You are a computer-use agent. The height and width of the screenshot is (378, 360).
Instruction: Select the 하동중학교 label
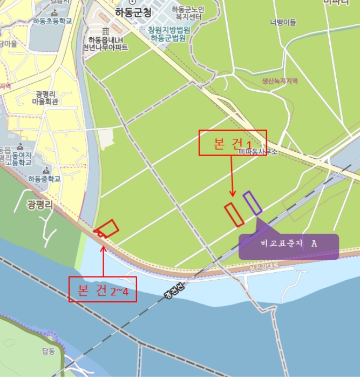[x=44, y=179]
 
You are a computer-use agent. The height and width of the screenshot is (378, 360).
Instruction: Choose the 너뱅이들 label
[x=283, y=23]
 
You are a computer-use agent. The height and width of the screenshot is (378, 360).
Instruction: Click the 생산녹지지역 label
[x=280, y=80]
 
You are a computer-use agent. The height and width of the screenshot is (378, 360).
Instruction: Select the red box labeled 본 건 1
[x=233, y=143]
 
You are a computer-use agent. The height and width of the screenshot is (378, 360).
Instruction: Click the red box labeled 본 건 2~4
[x=103, y=292]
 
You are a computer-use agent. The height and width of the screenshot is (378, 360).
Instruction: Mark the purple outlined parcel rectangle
[x=252, y=203]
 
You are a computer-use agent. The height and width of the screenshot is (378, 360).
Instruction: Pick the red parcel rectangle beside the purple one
[x=234, y=214]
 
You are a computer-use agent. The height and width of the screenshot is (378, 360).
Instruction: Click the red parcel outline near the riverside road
[x=108, y=228]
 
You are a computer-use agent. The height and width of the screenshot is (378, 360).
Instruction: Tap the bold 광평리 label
[x=39, y=204]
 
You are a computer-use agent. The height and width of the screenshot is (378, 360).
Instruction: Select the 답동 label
[x=49, y=351]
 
